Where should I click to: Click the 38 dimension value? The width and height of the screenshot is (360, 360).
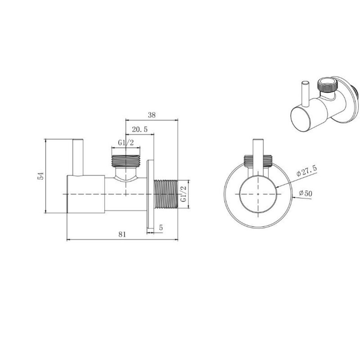point(152,115)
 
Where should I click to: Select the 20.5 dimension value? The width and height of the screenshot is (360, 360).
point(139,130)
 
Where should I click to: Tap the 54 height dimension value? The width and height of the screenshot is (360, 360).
point(41,176)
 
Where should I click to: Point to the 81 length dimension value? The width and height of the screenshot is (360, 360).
point(122,235)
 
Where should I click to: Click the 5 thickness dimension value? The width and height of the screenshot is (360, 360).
point(161,227)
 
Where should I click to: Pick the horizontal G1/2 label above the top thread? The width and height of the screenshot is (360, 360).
point(126,143)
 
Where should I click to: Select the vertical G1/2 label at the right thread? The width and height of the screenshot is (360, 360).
point(183,194)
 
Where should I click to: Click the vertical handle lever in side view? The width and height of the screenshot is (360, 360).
point(78,157)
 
